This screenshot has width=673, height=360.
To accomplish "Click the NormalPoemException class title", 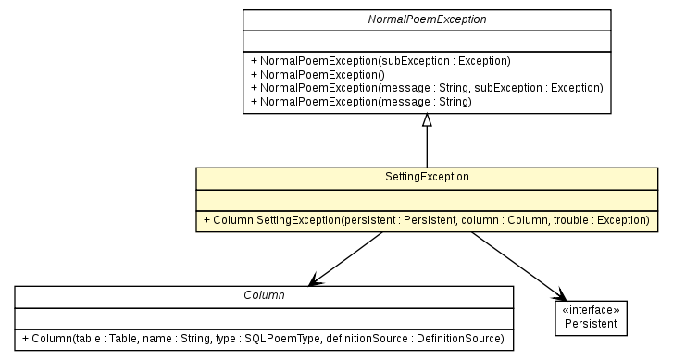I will pyautogui.click(x=427, y=19).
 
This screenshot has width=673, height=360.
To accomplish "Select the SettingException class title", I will pyautogui.click(x=427, y=176).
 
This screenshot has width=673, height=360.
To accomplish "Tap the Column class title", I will pyautogui.click(x=264, y=294).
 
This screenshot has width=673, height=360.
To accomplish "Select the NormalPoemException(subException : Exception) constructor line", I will pyautogui.click(x=380, y=60).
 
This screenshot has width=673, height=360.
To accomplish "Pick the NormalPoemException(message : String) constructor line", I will pyautogui.click(x=361, y=101).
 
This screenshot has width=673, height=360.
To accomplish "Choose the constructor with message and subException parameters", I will pyautogui.click(x=427, y=87).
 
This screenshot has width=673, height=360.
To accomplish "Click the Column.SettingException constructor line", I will pyautogui.click(x=427, y=221).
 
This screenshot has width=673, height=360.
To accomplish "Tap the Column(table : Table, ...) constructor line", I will pyautogui.click(x=264, y=338).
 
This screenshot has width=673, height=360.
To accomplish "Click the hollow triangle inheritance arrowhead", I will pyautogui.click(x=427, y=121).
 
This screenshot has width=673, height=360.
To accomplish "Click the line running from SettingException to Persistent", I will pyautogui.click(x=514, y=261).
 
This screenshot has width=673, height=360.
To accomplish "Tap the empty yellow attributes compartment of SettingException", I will pyautogui.click(x=427, y=198).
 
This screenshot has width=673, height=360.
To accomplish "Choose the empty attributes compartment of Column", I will pyautogui.click(x=264, y=316).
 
